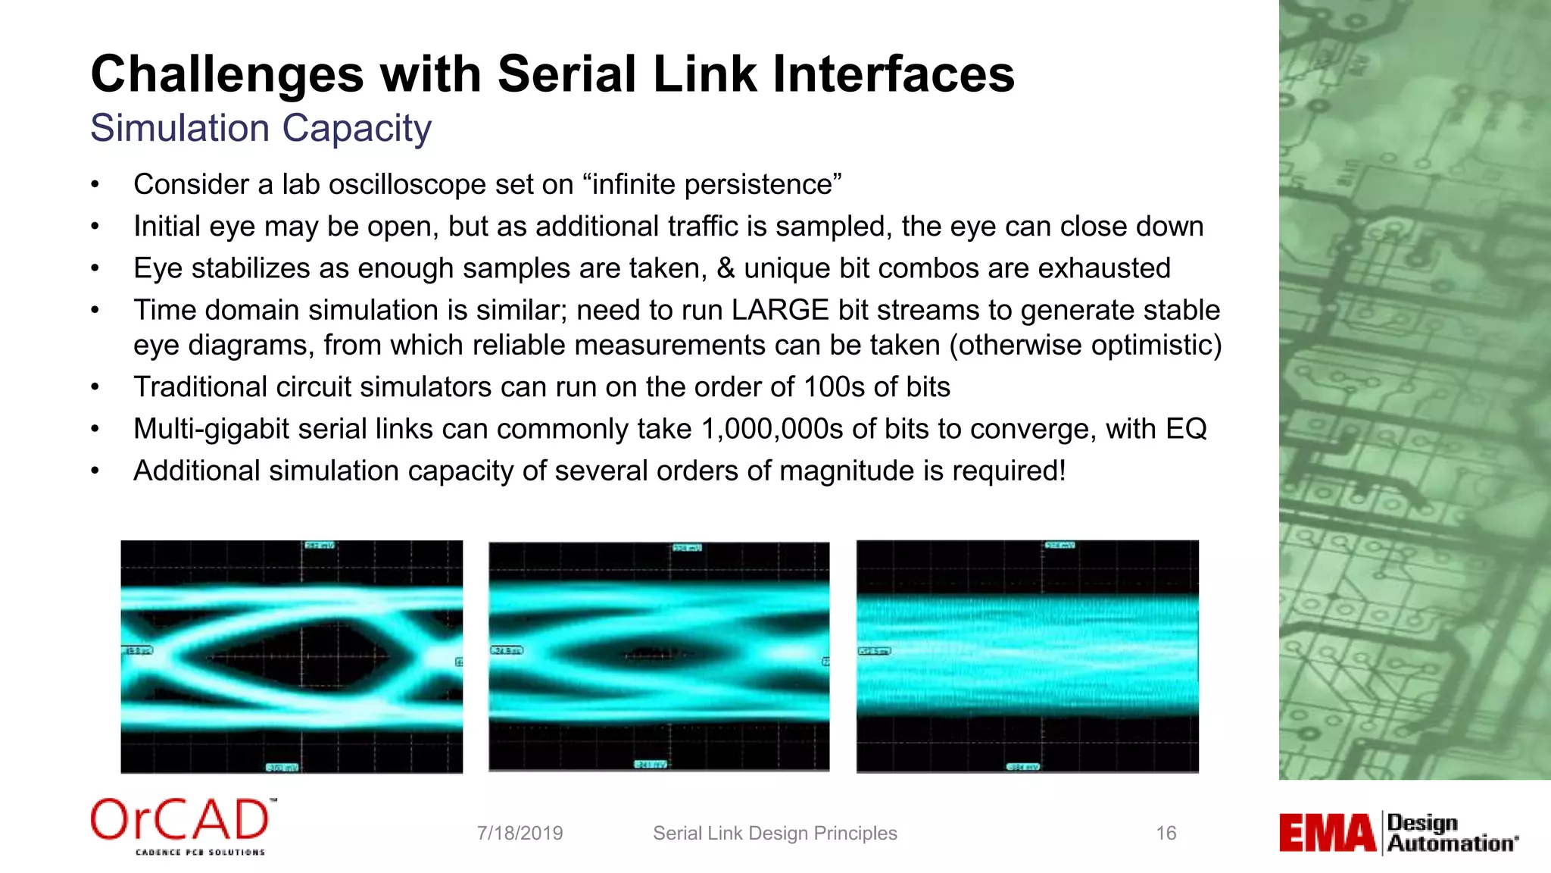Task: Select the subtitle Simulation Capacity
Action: [261, 128]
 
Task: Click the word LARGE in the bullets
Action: [780, 310]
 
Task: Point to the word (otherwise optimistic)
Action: [1085, 345]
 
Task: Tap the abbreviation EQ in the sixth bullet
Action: [1186, 429]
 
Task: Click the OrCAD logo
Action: [182, 824]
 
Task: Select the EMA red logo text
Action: [1327, 834]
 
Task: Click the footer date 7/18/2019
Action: [520, 834]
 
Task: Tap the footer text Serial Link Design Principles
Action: [775, 834]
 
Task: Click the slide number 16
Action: [1166, 834]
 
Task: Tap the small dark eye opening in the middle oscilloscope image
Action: [648, 653]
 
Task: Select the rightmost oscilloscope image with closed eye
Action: [1027, 656]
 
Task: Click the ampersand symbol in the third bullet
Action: [725, 268]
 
